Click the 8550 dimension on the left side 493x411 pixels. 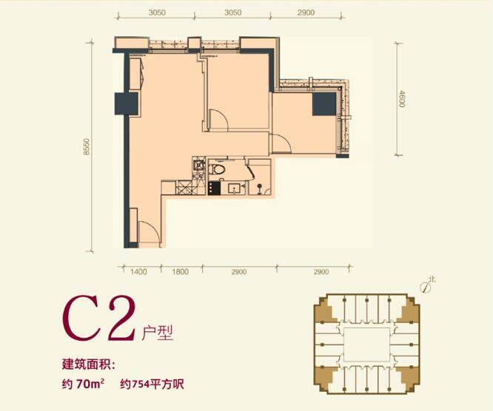click(x=86, y=146)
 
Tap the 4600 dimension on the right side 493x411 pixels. click(x=402, y=98)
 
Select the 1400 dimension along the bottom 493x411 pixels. click(x=138, y=271)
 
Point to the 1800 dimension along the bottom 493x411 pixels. click(x=181, y=271)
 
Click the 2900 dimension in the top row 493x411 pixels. click(x=306, y=13)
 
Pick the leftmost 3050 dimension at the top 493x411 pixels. click(x=157, y=13)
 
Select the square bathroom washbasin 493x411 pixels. click(x=235, y=188)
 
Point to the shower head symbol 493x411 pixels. click(x=259, y=188)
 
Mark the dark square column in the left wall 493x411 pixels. click(x=127, y=103)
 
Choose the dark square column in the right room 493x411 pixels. click(x=324, y=104)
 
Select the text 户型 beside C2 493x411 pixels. click(x=157, y=333)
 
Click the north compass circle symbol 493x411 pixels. click(x=425, y=288)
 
